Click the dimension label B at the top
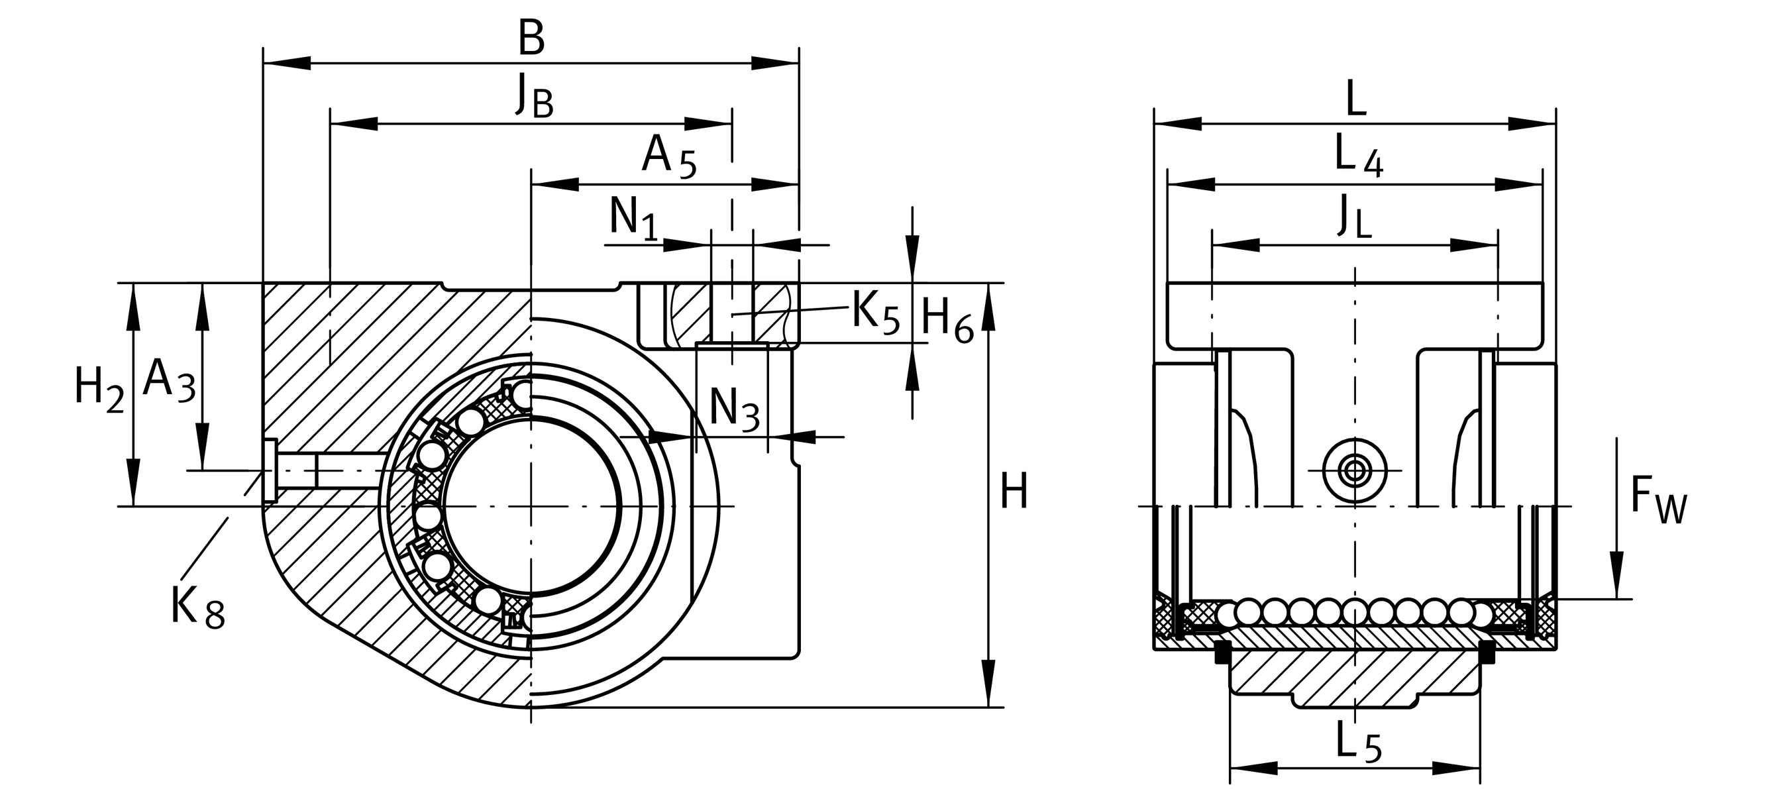tap(531, 40)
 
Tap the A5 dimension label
tap(668, 158)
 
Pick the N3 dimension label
tap(735, 409)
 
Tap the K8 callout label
tap(198, 607)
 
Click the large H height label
tap(1014, 492)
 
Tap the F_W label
tap(1657, 500)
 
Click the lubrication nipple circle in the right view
tap(1354, 470)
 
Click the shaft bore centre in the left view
tap(531, 506)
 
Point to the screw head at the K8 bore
tap(270, 470)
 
